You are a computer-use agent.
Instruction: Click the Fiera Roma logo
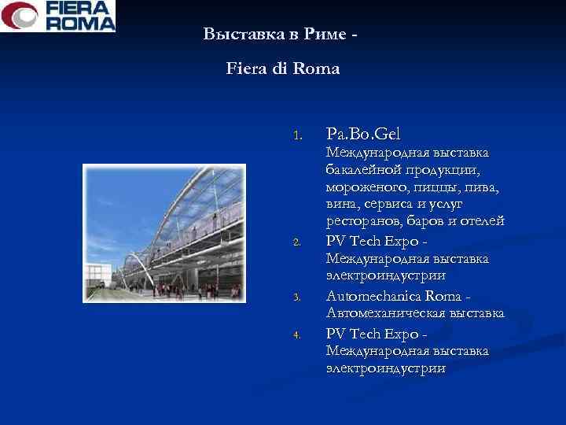[x=58, y=16]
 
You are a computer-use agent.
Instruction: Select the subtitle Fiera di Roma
[x=283, y=68]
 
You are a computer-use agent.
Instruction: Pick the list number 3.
[x=296, y=297]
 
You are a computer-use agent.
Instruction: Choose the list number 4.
[x=296, y=334]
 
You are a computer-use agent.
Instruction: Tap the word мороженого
[x=364, y=187]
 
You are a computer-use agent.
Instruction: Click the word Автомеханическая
[x=386, y=313]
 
